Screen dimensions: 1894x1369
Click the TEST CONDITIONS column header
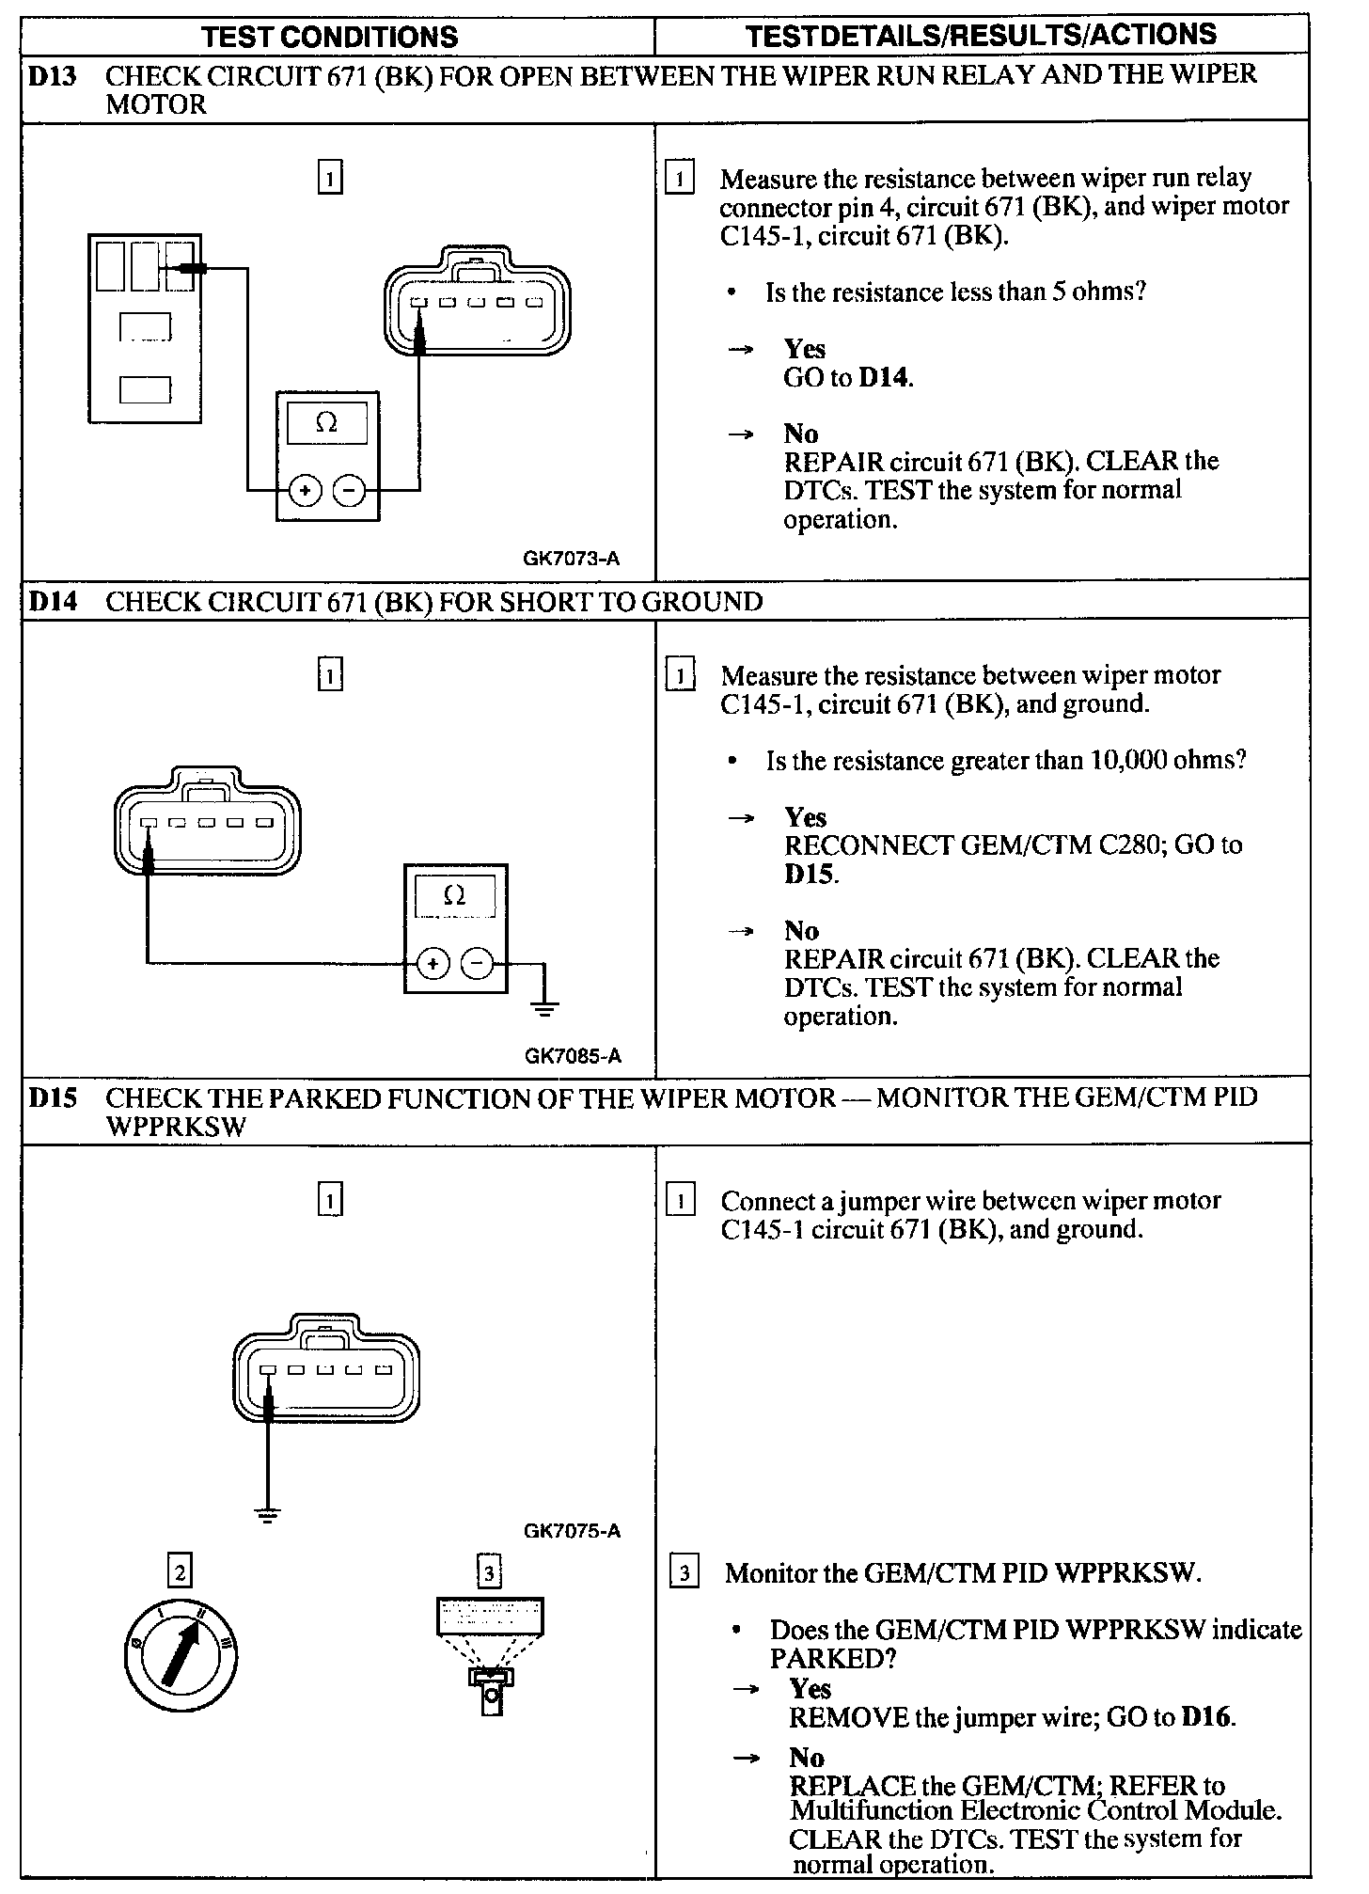click(330, 37)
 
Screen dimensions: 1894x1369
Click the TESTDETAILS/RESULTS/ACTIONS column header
click(981, 36)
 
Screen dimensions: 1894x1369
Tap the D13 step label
click(52, 76)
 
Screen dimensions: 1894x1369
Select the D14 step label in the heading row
click(53, 602)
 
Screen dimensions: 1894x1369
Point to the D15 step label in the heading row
click(53, 1098)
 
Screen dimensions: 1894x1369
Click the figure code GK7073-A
click(572, 559)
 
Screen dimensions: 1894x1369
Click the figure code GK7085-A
click(573, 1056)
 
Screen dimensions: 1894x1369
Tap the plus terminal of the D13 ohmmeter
click(305, 490)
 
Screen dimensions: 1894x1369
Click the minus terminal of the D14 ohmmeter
click(477, 964)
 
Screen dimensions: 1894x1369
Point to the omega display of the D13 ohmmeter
click(327, 423)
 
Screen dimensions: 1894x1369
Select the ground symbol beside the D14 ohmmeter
click(544, 1008)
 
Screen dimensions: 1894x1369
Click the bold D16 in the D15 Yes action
click(1206, 1717)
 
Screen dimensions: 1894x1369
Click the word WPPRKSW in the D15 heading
click(176, 1127)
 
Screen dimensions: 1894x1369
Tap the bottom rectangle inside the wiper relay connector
click(146, 388)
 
